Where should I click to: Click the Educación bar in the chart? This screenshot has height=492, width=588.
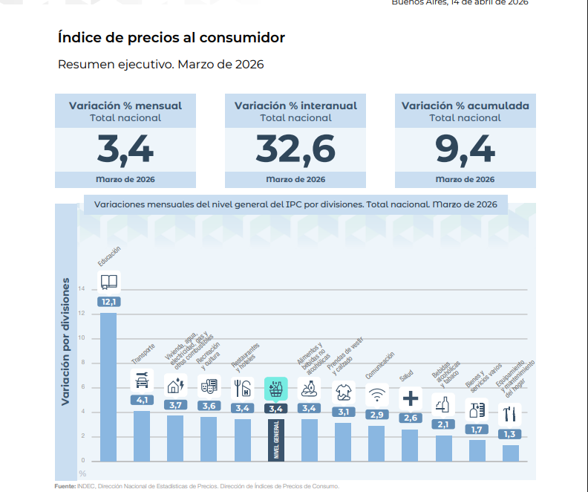pyautogui.click(x=108, y=386)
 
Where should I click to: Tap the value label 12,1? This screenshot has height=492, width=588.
pyautogui.click(x=109, y=301)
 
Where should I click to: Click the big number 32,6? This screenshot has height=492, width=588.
pyautogui.click(x=295, y=149)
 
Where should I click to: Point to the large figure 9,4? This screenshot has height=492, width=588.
pyautogui.click(x=465, y=149)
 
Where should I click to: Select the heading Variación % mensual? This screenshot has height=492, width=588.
pyautogui.click(x=125, y=106)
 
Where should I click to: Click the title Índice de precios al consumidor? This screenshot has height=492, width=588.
pyautogui.click(x=171, y=37)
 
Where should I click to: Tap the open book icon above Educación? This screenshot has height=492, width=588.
pyautogui.click(x=109, y=282)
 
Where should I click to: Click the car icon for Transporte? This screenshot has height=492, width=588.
pyautogui.click(x=142, y=381)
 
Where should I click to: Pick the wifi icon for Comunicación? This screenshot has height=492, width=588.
pyautogui.click(x=377, y=393)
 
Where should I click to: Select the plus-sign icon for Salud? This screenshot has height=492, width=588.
pyautogui.click(x=411, y=398)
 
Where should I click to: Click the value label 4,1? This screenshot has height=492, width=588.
pyautogui.click(x=142, y=400)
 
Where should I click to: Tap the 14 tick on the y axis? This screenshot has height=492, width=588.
pyautogui.click(x=82, y=289)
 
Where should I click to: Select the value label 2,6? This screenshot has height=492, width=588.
pyautogui.click(x=411, y=418)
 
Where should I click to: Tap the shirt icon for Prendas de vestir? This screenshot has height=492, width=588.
pyautogui.click(x=343, y=391)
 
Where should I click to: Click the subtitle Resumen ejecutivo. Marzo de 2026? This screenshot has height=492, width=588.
pyautogui.click(x=160, y=65)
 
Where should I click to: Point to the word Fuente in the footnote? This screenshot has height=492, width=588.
pyautogui.click(x=65, y=486)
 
